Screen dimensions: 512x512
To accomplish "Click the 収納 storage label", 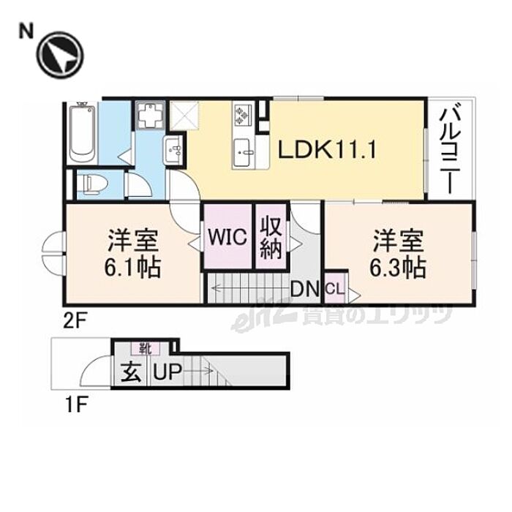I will [270, 238].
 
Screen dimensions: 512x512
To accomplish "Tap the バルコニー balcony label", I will [451, 148].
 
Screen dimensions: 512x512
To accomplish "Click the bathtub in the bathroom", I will [82, 134].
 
